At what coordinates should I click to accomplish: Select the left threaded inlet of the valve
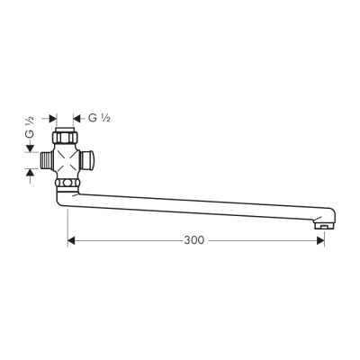pos(45,161)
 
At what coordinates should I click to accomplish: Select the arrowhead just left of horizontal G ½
pos(80,118)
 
